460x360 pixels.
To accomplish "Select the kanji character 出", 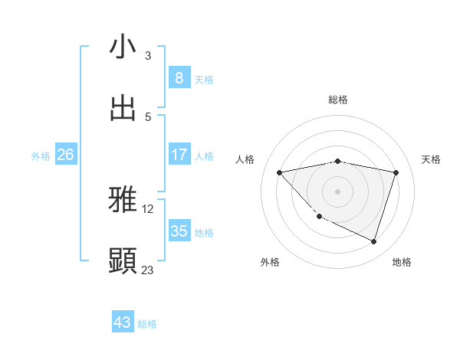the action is pyautogui.click(x=123, y=109).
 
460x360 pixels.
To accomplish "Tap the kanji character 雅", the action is pyautogui.click(x=123, y=201).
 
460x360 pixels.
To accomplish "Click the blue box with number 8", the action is pyautogui.click(x=179, y=77).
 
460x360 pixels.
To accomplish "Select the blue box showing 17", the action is pyautogui.click(x=179, y=155).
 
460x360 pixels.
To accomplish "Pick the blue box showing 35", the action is pyautogui.click(x=179, y=231).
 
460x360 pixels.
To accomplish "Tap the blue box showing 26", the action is pyautogui.click(x=65, y=155).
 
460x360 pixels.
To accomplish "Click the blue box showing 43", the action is pyautogui.click(x=123, y=322).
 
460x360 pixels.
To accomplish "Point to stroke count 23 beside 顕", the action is pyautogui.click(x=147, y=270).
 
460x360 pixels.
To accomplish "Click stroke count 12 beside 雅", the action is pyautogui.click(x=149, y=208).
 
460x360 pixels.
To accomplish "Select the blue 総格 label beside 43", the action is pyautogui.click(x=147, y=324).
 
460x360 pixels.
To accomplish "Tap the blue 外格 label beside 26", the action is pyautogui.click(x=41, y=155).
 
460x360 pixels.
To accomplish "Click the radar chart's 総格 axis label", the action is pyautogui.click(x=337, y=100).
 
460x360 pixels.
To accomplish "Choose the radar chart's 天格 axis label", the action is pyautogui.click(x=431, y=159).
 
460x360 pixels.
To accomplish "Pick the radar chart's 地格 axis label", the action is pyautogui.click(x=402, y=262).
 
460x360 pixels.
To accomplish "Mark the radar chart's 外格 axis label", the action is pyautogui.click(x=270, y=262).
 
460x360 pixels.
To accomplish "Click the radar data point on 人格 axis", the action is pyautogui.click(x=279, y=172).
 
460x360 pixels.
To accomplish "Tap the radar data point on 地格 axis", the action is pyautogui.click(x=373, y=242).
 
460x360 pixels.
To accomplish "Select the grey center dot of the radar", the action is pyautogui.click(x=337, y=191).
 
